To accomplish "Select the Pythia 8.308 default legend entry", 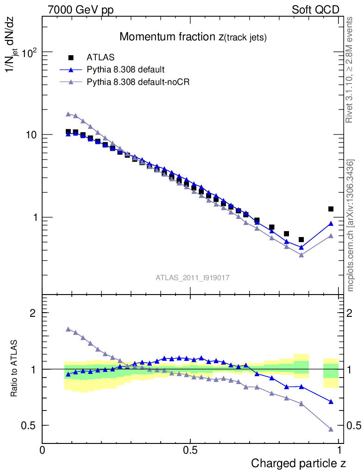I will [x=126, y=70].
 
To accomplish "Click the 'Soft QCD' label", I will [x=315, y=10].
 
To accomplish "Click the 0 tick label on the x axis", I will [x=43, y=450].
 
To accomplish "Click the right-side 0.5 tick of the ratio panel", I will [x=355, y=425].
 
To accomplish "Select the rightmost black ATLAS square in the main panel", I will [x=331, y=209].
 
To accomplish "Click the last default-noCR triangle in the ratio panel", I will [x=331, y=429].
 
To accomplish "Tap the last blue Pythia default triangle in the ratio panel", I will [x=331, y=402].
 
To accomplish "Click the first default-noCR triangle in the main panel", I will [x=68, y=114].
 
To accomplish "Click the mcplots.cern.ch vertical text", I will [x=351, y=225].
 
